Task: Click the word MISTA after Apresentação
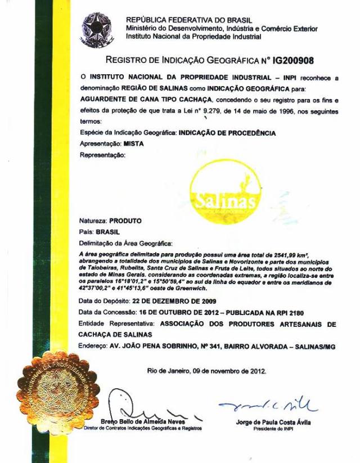[133, 143]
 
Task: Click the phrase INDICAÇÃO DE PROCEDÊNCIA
[227, 133]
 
